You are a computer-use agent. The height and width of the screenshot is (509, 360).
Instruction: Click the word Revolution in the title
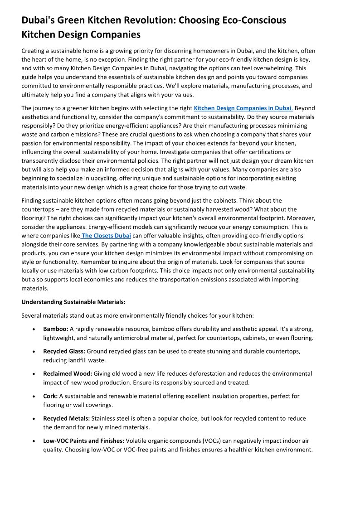tap(146, 20)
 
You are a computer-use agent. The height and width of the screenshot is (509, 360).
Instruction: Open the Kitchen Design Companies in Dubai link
tap(243, 108)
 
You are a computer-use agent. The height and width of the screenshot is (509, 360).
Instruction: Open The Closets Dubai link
tap(106, 236)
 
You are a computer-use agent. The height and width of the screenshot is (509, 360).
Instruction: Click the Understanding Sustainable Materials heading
tap(73, 302)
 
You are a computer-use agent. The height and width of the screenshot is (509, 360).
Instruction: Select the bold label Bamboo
tap(56, 329)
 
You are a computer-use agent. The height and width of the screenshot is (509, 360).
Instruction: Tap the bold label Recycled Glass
tap(64, 351)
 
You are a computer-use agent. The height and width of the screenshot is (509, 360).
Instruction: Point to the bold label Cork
tap(50, 396)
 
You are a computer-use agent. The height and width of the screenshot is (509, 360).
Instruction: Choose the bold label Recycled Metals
tap(66, 418)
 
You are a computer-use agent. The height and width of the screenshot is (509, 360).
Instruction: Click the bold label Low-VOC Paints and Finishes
tap(83, 441)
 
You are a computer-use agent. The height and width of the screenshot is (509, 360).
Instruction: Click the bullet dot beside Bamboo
tap(34, 330)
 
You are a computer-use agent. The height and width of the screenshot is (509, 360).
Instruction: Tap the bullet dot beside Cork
tap(34, 397)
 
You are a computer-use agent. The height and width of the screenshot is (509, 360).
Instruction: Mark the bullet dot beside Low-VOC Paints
tap(34, 441)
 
